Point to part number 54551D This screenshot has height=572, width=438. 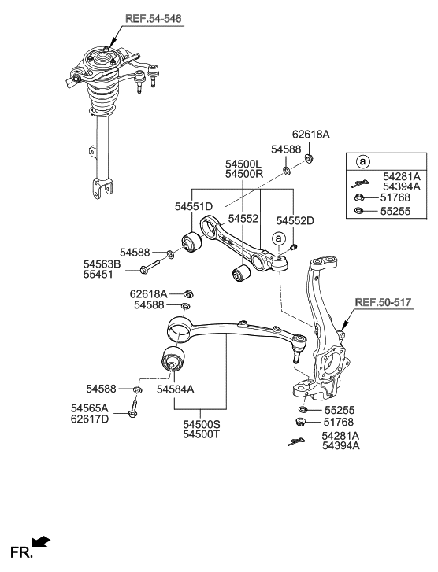195,206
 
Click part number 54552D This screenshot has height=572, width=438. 295,221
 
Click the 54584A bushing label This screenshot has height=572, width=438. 176,389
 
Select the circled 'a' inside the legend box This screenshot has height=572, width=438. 363,162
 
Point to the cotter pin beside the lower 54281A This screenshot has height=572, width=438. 296,442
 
